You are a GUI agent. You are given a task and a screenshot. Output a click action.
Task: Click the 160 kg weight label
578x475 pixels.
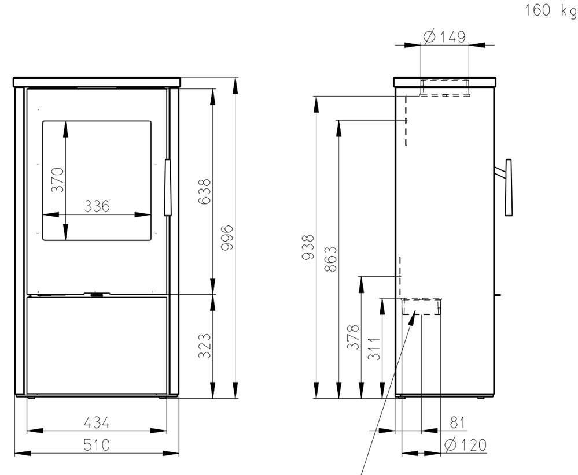coord(551,10)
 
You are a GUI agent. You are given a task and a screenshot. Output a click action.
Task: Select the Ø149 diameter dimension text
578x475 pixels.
coord(444,36)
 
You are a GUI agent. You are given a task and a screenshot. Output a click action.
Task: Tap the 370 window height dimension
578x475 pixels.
coord(58,180)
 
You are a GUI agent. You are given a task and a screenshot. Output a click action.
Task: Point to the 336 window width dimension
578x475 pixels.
coord(97,206)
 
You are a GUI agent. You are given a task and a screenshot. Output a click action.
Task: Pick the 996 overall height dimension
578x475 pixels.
coord(227,238)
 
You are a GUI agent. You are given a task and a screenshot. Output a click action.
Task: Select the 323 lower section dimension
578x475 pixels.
coord(204,346)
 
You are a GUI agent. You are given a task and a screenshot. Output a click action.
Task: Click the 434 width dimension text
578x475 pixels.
coord(97,422)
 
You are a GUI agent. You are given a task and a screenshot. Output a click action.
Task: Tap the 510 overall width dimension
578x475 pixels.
coord(97,445)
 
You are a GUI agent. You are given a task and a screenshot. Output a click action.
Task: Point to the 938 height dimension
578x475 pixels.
coord(308,247)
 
